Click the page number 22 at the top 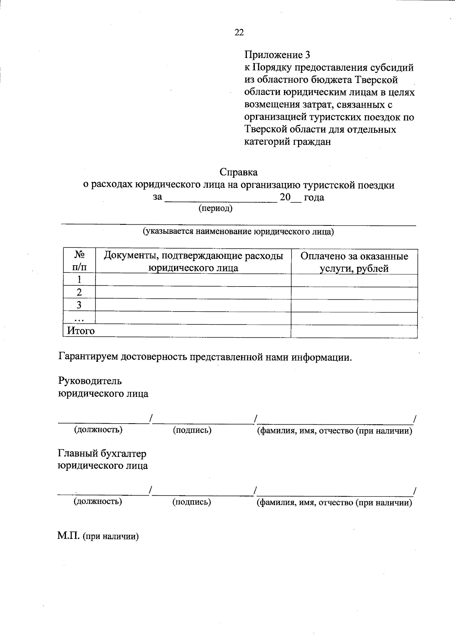point(239,33)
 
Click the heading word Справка point(238,172)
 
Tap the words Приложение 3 point(277,55)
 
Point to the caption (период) point(215,208)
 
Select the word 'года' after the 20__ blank point(314,197)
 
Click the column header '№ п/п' point(79,261)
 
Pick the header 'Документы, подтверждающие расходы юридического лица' point(193,262)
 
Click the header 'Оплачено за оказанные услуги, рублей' point(354,262)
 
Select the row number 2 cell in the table point(79,293)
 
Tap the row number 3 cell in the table point(79,305)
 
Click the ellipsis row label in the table point(79,319)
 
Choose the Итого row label point(81,331)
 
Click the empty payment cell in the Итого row point(354,331)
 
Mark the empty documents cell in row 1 point(193,280)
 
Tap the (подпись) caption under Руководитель point(192,430)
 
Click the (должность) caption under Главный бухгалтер point(98,502)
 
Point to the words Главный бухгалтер point(102,454)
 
